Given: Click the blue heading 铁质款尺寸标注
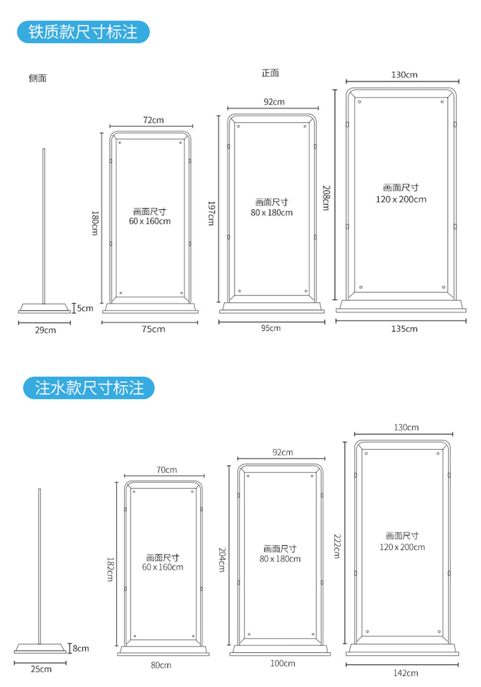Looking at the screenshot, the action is [83, 32].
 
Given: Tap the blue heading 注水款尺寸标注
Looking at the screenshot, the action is [89, 388].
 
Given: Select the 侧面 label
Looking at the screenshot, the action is [37, 78].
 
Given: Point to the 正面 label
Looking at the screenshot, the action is [270, 73].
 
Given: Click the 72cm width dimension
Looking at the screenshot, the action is [153, 120].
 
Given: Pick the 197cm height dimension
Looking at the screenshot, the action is [211, 213].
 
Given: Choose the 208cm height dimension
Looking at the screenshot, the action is [326, 198].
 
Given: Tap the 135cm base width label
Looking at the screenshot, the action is [404, 329].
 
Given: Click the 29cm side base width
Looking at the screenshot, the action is [45, 330].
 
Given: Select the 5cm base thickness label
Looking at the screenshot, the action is [85, 308].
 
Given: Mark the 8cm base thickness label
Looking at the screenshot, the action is [81, 648].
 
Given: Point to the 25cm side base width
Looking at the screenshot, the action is [41, 669].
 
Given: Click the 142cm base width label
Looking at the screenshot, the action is [406, 673].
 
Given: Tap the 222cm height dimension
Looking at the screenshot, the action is [337, 546].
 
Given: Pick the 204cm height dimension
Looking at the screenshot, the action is [222, 560].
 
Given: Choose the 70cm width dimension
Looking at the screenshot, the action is [167, 469].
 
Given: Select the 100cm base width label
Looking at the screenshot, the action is [283, 663].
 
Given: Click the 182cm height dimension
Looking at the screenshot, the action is [110, 569].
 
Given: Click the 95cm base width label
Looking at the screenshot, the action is [271, 328].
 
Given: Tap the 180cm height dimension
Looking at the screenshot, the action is [95, 223].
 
